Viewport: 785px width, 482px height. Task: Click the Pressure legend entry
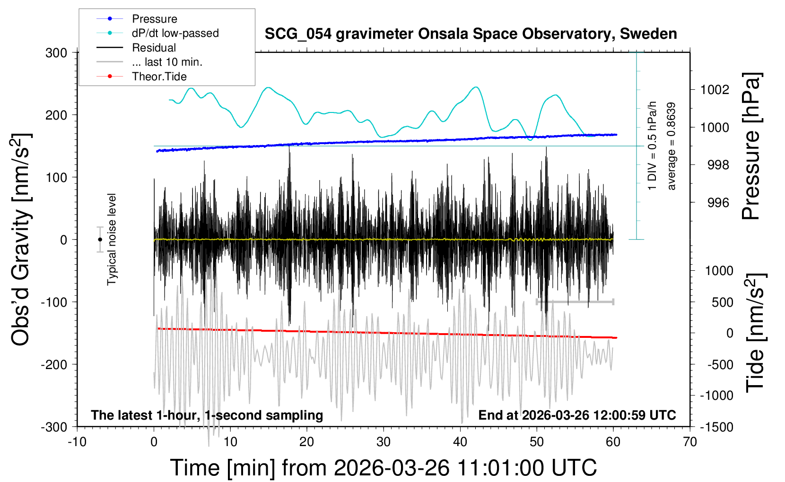[154, 19]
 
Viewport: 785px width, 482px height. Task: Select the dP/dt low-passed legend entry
[175, 33]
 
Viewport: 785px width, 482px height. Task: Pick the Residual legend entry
[154, 48]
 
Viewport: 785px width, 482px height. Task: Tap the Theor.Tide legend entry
[159, 77]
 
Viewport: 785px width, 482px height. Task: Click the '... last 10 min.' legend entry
[167, 62]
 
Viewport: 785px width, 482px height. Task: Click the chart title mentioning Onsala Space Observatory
[471, 34]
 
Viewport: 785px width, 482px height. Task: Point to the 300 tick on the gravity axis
[56, 53]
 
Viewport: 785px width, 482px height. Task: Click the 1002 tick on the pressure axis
[715, 90]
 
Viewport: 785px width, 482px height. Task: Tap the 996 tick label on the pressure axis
[718, 203]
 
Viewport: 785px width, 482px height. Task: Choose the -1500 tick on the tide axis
[716, 427]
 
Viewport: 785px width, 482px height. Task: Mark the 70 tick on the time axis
[690, 442]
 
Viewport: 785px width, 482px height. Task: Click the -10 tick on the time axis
[77, 442]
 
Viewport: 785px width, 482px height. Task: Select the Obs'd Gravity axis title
[21, 240]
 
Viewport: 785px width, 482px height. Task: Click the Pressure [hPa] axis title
[751, 146]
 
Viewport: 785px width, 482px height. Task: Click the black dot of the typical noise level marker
[100, 240]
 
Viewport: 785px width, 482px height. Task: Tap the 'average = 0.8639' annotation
[672, 146]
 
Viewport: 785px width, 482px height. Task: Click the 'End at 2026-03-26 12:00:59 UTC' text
[577, 415]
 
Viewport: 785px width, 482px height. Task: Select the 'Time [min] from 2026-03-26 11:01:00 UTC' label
[383, 468]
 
